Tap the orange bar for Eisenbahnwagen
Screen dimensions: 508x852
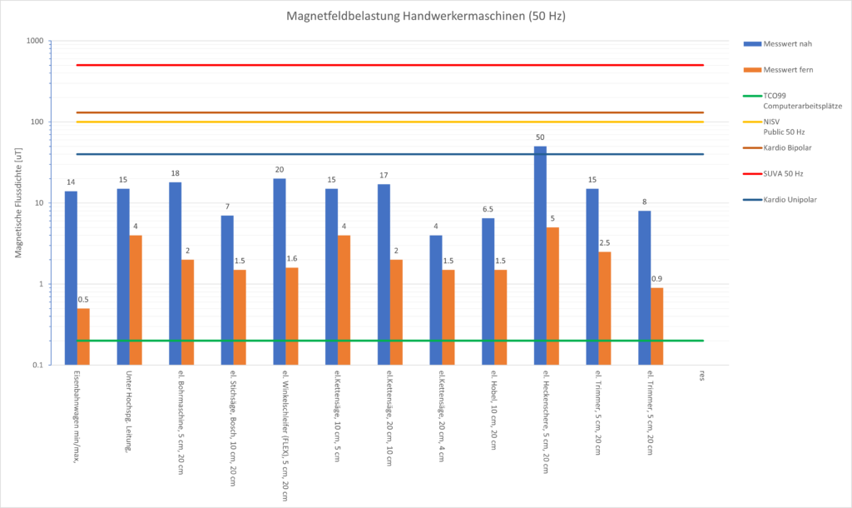(83, 336)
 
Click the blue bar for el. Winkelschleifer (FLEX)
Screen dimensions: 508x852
(280, 271)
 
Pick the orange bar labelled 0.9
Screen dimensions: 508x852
(657, 326)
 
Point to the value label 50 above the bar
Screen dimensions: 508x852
(540, 137)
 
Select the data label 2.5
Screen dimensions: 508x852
(605, 243)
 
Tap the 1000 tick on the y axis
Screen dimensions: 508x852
(35, 41)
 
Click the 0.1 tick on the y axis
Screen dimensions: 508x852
(38, 365)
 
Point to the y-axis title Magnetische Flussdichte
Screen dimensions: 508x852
(17, 202)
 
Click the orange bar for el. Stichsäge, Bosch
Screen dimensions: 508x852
(240, 317)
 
